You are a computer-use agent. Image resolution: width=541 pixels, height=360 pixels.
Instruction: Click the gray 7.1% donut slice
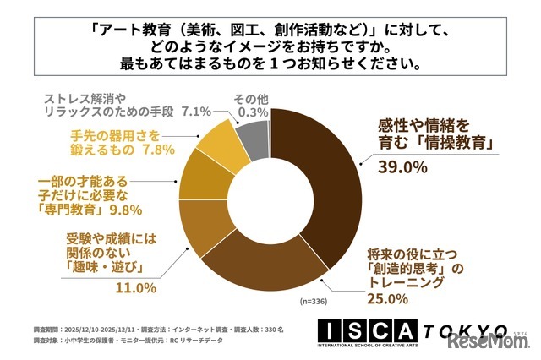click(x=251, y=128)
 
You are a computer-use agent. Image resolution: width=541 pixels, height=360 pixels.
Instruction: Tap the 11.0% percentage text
click(x=134, y=287)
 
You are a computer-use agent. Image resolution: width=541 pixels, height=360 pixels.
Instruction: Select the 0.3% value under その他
click(x=251, y=112)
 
